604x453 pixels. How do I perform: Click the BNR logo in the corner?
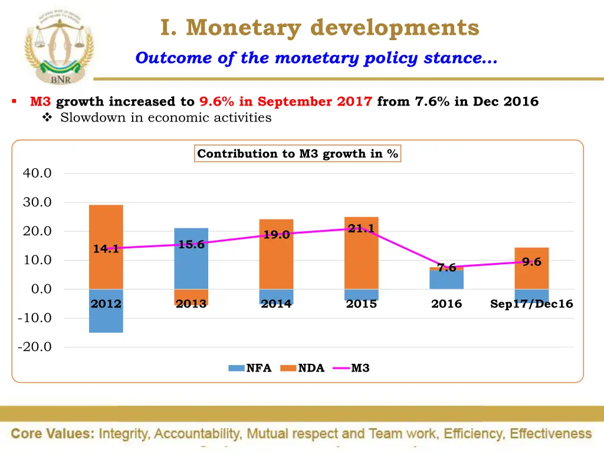58,47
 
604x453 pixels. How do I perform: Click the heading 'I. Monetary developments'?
319,27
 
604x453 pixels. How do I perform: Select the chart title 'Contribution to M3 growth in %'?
297,154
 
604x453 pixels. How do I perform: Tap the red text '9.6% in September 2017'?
285,101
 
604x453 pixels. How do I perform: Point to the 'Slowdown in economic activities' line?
166,117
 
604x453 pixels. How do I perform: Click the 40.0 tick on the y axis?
37,173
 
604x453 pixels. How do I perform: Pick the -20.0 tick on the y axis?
35,347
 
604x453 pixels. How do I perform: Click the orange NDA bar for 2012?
106,224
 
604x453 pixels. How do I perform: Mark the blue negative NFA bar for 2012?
106,319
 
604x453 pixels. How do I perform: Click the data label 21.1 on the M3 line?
361,229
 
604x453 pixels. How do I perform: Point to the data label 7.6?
447,268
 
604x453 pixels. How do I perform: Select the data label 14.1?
106,249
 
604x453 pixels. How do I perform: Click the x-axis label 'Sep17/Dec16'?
531,304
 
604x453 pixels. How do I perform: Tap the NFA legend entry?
250,368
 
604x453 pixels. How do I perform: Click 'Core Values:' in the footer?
52,434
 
